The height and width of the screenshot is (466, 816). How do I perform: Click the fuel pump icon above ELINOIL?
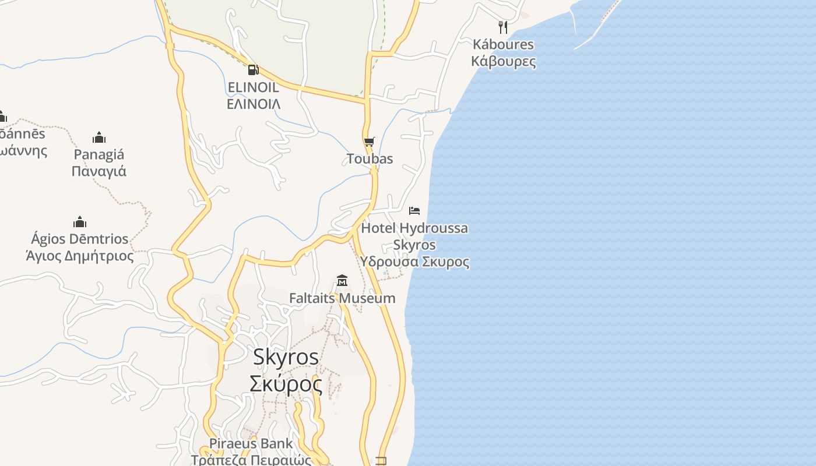coord(253,70)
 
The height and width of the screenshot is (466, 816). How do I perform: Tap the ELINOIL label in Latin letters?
coord(253,87)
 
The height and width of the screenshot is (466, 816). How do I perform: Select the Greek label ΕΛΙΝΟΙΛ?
coord(253,104)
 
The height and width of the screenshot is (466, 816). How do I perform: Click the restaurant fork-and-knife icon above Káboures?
coord(503,27)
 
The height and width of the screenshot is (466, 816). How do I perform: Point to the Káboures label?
coord(503,44)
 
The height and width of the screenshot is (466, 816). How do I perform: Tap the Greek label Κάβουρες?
coord(503,61)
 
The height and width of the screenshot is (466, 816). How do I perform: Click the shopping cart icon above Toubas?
coord(369,142)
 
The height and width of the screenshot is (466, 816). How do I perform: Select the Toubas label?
coord(370,158)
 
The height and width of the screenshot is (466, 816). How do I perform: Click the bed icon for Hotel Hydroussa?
coord(414,210)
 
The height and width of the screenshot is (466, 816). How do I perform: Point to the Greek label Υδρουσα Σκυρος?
coord(414,262)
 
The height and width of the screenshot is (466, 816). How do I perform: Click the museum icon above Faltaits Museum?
coord(342,281)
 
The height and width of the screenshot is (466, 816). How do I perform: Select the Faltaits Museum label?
coord(342,298)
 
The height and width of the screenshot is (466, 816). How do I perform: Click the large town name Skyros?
coord(286,356)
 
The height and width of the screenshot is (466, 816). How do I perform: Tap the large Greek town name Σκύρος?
coord(286,384)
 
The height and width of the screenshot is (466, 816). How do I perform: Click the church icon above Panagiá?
coord(99,137)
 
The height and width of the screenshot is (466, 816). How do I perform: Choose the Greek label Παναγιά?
coord(99,171)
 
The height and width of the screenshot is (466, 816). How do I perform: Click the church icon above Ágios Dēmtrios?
coord(80,222)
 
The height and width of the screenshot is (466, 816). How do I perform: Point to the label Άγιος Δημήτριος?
coord(80,256)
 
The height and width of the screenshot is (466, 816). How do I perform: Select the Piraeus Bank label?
coord(251,443)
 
